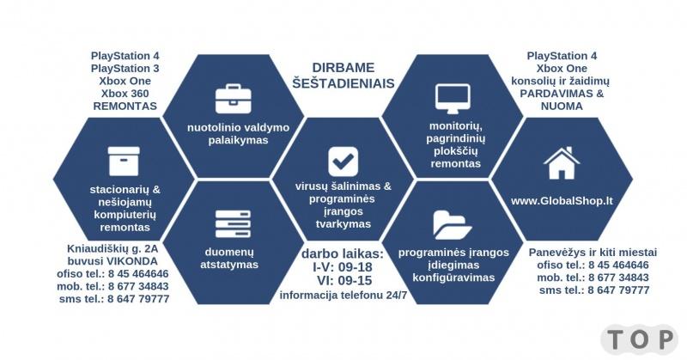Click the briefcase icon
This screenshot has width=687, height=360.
[x=233, y=99]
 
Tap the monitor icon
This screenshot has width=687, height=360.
[x=453, y=99]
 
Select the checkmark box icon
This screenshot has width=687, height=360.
[x=343, y=162]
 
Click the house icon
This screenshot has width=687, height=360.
[x=562, y=163]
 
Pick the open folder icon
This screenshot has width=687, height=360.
[x=453, y=225]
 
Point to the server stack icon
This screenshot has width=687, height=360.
[x=233, y=223]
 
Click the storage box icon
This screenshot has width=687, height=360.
[x=124, y=162]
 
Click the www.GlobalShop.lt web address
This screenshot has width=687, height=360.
[x=562, y=201]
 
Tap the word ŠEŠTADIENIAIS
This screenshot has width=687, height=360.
[x=343, y=83]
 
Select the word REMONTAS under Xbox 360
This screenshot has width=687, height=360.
[x=125, y=107]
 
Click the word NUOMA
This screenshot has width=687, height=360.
[x=562, y=107]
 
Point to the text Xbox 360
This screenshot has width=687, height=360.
[x=125, y=94]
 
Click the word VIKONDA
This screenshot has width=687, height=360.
[x=132, y=261]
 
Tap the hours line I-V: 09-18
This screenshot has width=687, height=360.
[x=343, y=267]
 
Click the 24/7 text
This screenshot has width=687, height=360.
[x=397, y=295]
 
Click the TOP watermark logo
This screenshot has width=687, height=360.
[x=640, y=340]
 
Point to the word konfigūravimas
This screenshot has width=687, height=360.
[x=453, y=278]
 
